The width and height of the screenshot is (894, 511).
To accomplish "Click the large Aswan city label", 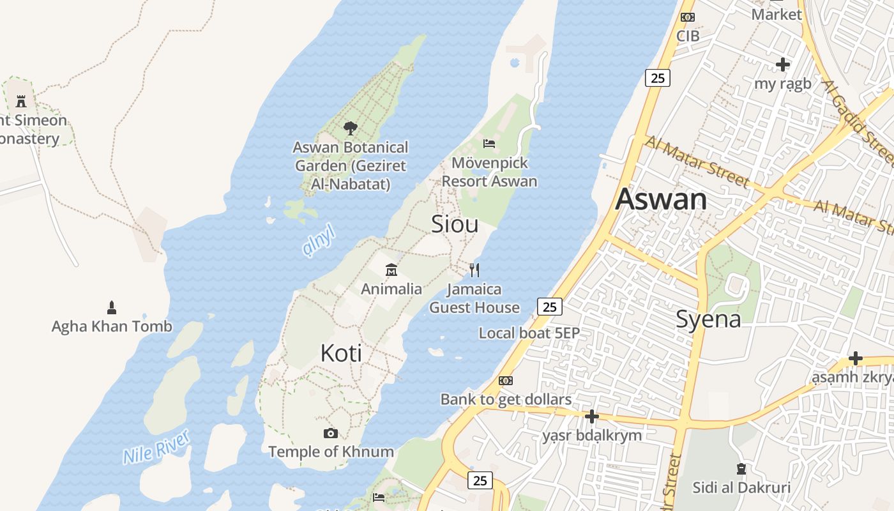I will tap(661, 199).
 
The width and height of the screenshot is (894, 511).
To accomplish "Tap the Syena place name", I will tap(708, 319).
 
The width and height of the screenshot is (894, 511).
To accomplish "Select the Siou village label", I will tap(455, 224).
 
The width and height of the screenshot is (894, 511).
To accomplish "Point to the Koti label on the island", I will tap(341, 353).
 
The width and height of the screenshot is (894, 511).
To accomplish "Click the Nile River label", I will tap(156, 447).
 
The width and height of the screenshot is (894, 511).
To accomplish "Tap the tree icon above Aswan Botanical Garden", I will tap(350, 128).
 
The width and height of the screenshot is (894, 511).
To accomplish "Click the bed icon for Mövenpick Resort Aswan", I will tap(489, 143).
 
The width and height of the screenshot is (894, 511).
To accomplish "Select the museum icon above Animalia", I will tap(391, 270).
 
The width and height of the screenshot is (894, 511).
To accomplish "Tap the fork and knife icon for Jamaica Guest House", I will tap(474, 270).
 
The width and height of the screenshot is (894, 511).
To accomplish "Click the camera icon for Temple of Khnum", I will tap(330, 433).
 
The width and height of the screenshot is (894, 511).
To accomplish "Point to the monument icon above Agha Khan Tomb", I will tap(112, 308).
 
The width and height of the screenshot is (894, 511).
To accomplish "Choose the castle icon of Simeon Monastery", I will tap(21, 101).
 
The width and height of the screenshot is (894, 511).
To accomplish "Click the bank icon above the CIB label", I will tap(688, 17).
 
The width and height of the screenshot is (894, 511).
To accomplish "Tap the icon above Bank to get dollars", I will tap(506, 381).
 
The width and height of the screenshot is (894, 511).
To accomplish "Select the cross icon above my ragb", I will tap(782, 65).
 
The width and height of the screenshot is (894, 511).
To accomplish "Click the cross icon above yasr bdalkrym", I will tap(592, 416).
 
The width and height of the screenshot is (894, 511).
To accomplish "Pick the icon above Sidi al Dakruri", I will tap(741, 469).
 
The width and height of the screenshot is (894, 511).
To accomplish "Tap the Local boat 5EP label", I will tap(529, 333).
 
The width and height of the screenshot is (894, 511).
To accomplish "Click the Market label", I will tap(777, 14).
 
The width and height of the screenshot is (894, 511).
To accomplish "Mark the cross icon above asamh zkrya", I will tap(855, 358).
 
